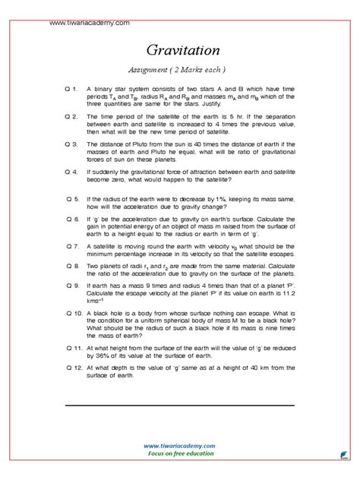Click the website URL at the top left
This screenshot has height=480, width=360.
click(x=89, y=24)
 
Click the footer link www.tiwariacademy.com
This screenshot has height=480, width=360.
click(x=180, y=446)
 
